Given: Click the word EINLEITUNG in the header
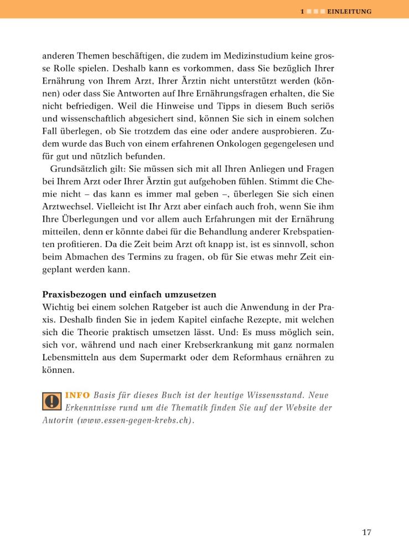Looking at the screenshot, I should coord(349,11).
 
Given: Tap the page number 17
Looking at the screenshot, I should coord(366,533).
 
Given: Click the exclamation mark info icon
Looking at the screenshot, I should coord(52,400).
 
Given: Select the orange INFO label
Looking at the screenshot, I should coord(78,396).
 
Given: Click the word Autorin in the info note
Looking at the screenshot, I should coord(58,420).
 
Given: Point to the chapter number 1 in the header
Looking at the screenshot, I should coord(302,11).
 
